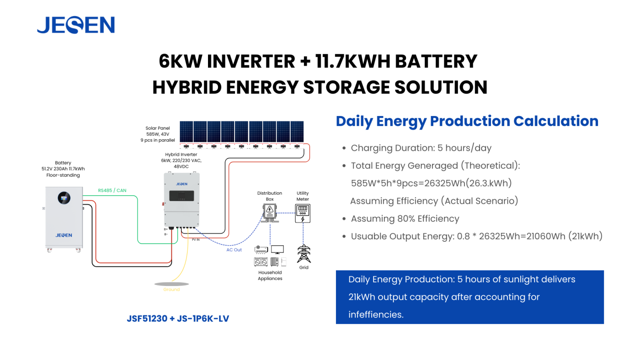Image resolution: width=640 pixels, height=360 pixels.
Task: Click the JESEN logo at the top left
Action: (x=76, y=25)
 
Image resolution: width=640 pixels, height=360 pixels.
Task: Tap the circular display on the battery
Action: (x=64, y=198)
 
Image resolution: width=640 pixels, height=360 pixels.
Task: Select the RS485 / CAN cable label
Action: (x=112, y=191)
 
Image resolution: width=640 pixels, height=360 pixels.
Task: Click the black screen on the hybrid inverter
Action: (x=181, y=196)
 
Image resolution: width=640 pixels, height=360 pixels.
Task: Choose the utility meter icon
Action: (x=303, y=213)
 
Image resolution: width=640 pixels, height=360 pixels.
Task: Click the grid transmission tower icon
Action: (x=304, y=254)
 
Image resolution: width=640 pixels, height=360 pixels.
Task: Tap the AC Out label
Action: (x=234, y=250)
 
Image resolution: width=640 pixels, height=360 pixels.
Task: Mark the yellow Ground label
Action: (x=171, y=290)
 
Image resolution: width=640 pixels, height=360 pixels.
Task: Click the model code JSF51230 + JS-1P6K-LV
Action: (x=178, y=318)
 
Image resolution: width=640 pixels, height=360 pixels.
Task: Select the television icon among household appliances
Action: (x=277, y=249)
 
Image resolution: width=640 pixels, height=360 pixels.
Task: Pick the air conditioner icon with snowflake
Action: (x=261, y=249)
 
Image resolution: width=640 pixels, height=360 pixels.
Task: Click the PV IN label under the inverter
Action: (x=196, y=240)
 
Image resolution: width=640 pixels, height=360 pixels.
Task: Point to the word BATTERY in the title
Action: (x=436, y=61)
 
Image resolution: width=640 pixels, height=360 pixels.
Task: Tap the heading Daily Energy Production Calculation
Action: (x=467, y=121)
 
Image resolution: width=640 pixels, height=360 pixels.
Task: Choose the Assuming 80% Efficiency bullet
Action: (x=405, y=219)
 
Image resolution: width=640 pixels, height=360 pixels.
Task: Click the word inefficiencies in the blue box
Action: (x=376, y=315)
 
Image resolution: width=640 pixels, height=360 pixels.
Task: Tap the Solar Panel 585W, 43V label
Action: (x=158, y=131)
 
